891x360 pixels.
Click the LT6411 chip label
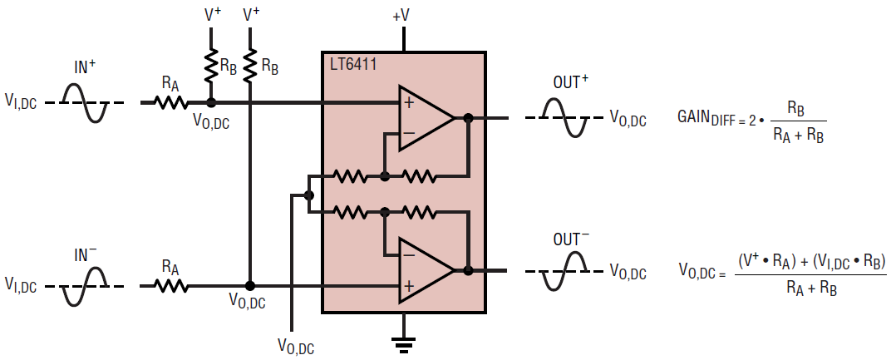coord(353,64)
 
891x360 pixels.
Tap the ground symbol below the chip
coord(403,343)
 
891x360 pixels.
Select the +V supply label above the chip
coord(401,16)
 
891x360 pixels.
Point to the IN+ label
coord(85,67)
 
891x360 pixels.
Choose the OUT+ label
coord(570,82)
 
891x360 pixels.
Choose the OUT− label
coord(570,239)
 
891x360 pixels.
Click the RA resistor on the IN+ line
coord(171,103)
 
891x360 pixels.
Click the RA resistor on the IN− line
coord(171,285)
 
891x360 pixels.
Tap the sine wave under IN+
coord(86,103)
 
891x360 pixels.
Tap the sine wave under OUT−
coord(564,271)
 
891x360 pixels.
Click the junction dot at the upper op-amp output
coord(468,118)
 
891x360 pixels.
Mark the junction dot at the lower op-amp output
coord(468,270)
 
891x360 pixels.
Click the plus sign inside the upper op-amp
coord(409,103)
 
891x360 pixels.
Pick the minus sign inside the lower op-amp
coord(409,254)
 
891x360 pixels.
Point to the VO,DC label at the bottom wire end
coord(296,346)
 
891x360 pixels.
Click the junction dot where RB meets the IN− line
coord(249,285)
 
